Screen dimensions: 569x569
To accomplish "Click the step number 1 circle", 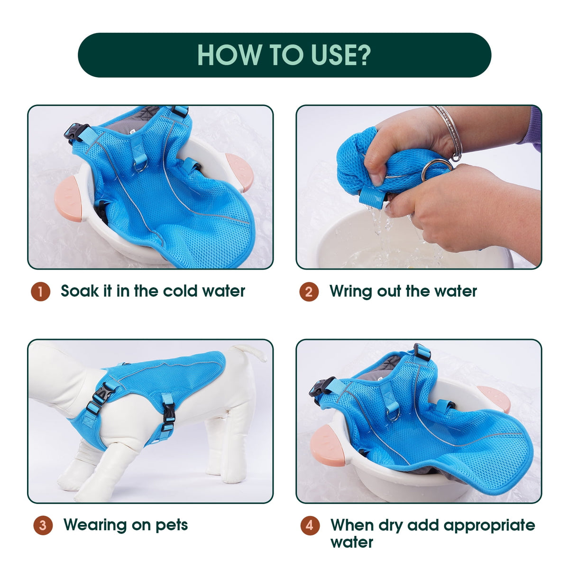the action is click(40, 292).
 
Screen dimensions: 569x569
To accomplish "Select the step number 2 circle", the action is click(309, 292).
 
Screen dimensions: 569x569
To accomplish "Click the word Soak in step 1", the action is click(80, 291).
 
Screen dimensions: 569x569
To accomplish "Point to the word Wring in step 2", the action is click(350, 292).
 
